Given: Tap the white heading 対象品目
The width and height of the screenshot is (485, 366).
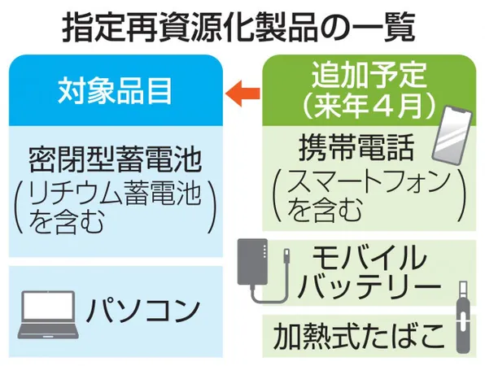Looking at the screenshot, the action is click(115, 90).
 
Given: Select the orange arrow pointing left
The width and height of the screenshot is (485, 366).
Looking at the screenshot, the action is click(242, 93).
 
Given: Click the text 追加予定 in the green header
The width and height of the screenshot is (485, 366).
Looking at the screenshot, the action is click(369, 75).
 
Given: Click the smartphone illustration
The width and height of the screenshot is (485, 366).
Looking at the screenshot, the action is click(452, 136).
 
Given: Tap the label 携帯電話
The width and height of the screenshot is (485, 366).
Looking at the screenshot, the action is click(356, 147).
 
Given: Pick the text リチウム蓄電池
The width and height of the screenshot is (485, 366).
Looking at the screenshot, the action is click(116, 194).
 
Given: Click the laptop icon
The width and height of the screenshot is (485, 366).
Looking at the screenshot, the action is click(48, 314).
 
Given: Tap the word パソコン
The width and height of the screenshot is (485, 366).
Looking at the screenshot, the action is click(142, 311).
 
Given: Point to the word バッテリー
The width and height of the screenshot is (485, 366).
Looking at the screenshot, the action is click(369, 287).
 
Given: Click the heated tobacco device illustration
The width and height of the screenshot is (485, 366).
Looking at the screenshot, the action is click(463, 317).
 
